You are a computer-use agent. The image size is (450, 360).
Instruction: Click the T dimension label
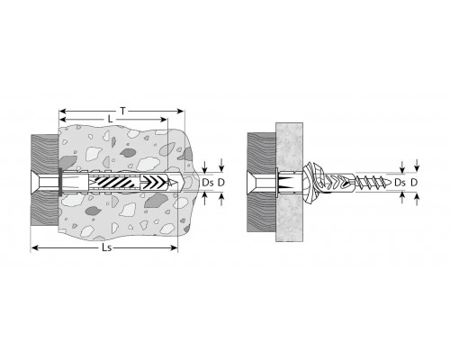[x=122, y=112]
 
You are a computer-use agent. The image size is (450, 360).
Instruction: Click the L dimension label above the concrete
[x=110, y=120]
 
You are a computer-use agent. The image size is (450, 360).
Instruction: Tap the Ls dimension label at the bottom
[x=107, y=248]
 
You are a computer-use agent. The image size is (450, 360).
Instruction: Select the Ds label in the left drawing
[x=208, y=183]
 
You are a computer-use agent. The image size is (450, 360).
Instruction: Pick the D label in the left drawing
[x=221, y=183]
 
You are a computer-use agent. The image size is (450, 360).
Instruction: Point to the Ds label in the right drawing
[x=400, y=183]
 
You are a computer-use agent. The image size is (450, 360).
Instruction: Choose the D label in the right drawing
[x=414, y=183]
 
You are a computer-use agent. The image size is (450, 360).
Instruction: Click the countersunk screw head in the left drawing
[x=35, y=183]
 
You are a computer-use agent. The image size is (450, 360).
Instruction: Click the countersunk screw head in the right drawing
[x=252, y=183]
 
